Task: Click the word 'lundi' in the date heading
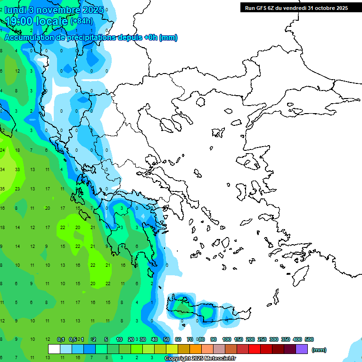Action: click(x=16, y=9)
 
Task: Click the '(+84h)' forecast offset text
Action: click(x=82, y=21)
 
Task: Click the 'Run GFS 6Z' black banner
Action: click(x=294, y=8)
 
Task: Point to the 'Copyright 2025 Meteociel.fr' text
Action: click(x=200, y=359)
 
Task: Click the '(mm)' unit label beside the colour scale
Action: click(x=319, y=350)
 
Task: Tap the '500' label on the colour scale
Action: click(x=309, y=339)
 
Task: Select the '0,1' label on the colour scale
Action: click(x=61, y=339)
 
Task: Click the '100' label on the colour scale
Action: click(x=227, y=339)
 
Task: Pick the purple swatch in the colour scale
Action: click(x=302, y=349)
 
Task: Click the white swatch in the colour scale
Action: click(x=54, y=349)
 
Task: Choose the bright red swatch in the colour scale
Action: click(x=255, y=349)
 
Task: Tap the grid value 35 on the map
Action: click(x=2, y=189)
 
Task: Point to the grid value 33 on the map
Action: click(x=17, y=169)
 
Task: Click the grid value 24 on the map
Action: click(x=2, y=150)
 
